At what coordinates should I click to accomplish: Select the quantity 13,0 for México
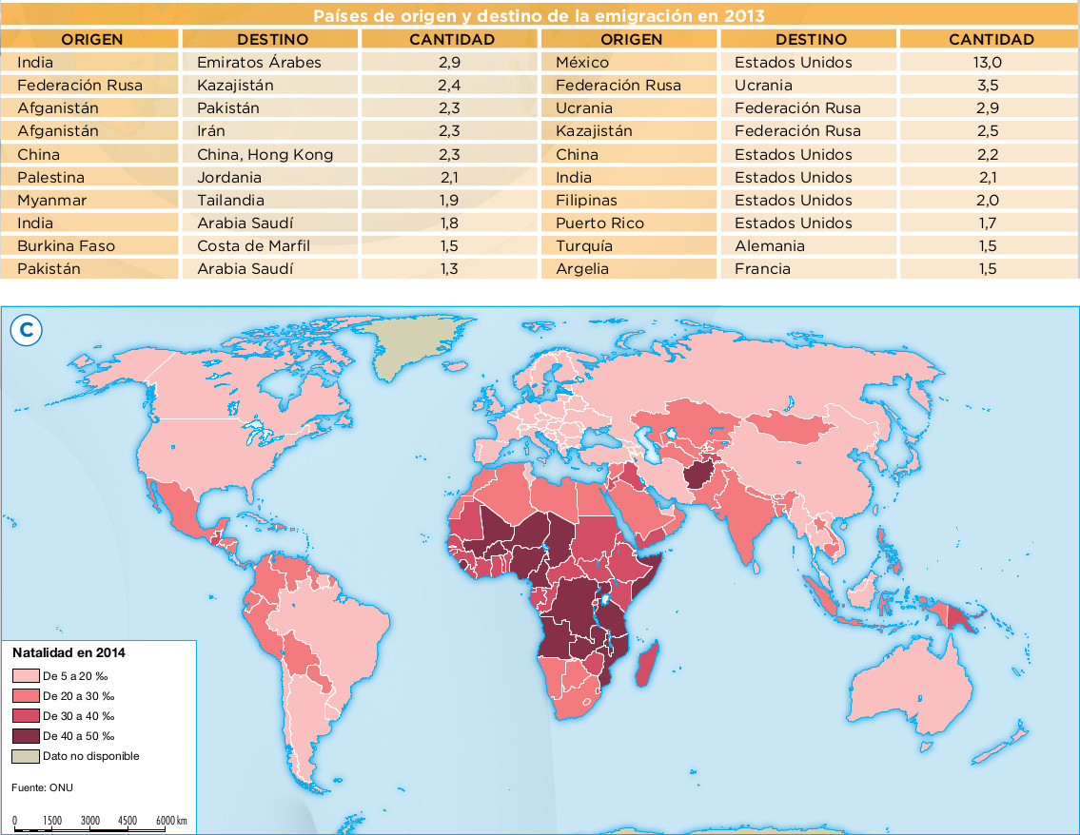(x=990, y=63)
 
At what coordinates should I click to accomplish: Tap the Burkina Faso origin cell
(x=66, y=246)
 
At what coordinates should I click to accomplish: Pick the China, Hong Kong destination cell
(x=265, y=154)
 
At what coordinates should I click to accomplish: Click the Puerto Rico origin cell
(x=599, y=223)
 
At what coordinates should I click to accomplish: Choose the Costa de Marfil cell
(x=253, y=246)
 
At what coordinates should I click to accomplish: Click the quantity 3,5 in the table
(x=987, y=86)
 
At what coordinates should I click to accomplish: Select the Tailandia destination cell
(x=230, y=201)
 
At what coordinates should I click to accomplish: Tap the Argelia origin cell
(x=582, y=269)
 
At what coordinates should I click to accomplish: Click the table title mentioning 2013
(x=540, y=16)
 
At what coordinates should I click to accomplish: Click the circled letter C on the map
(x=27, y=330)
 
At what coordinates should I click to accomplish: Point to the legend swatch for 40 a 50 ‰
(x=26, y=736)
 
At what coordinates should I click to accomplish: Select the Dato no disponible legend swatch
(x=26, y=756)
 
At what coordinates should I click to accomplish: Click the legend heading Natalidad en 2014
(x=69, y=653)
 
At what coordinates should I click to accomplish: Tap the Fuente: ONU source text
(x=42, y=787)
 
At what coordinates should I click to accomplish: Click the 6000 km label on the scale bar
(x=170, y=820)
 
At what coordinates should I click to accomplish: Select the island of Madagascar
(x=647, y=665)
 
